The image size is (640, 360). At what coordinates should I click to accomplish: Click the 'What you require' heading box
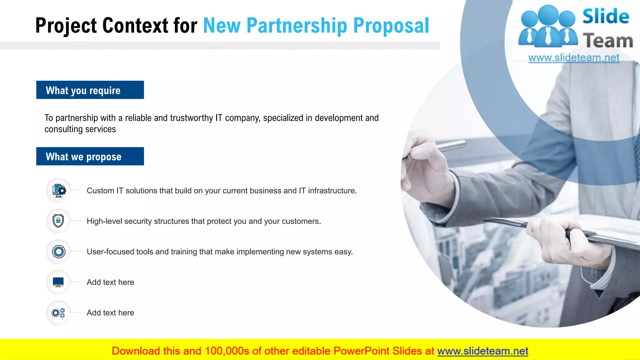pyautogui.click(x=90, y=90)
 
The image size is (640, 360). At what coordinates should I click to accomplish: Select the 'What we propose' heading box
pyautogui.click(x=90, y=156)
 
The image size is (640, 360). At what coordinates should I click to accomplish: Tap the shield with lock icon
pyautogui.click(x=58, y=221)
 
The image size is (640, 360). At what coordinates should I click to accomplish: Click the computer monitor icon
pyautogui.click(x=58, y=282)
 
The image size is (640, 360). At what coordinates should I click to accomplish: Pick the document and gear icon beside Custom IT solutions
pyautogui.click(x=59, y=190)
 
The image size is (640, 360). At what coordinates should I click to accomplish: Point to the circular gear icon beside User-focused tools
pyautogui.click(x=58, y=252)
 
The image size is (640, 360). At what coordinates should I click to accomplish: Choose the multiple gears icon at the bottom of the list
pyautogui.click(x=58, y=312)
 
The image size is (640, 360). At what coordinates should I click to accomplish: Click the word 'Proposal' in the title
pyautogui.click(x=391, y=26)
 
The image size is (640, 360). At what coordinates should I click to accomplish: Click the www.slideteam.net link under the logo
pyautogui.click(x=574, y=58)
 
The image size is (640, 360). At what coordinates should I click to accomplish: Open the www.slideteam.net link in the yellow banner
pyautogui.click(x=482, y=351)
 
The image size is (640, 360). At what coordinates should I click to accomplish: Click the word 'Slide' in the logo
pyautogui.click(x=606, y=16)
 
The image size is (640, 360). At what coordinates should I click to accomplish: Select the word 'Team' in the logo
pyautogui.click(x=608, y=41)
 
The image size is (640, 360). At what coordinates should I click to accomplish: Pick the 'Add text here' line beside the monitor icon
pyautogui.click(x=110, y=282)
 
